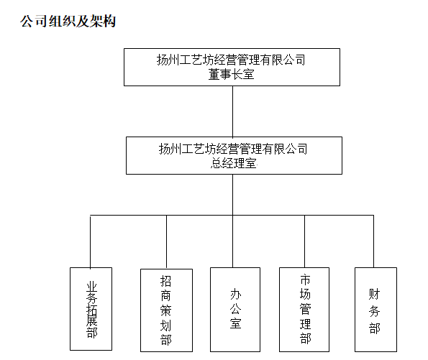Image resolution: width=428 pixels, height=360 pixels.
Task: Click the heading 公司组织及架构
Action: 68,21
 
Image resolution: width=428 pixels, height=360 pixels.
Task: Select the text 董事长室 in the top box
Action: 232,74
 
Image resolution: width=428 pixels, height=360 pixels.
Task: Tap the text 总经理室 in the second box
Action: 233,163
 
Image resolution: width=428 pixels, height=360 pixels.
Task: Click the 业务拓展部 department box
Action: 91,309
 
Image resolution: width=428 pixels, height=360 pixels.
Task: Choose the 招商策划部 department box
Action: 166,310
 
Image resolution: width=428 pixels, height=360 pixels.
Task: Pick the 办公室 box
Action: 235,310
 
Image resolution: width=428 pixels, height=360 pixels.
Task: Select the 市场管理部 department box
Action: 304,310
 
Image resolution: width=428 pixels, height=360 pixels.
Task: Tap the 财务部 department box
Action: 375,310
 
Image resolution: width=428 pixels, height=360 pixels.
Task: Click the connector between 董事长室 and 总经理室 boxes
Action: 232,111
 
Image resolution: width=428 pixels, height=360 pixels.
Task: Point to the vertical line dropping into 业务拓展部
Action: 91,241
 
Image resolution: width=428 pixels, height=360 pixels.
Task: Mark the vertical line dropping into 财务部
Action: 373,241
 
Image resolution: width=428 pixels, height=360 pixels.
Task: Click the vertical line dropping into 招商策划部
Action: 166,242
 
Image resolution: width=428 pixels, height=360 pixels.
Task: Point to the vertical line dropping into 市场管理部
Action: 304,241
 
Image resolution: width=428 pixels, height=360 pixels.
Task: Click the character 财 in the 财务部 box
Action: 374,294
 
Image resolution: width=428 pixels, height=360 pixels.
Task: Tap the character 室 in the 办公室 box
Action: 235,323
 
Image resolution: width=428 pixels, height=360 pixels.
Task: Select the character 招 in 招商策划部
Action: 165,281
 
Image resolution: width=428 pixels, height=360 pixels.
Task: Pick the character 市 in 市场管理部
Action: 305,280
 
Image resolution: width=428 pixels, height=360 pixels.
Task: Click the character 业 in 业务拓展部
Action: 92,287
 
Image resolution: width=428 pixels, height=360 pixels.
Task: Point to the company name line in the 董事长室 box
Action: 231,60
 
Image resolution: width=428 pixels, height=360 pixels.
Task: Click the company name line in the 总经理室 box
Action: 233,149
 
